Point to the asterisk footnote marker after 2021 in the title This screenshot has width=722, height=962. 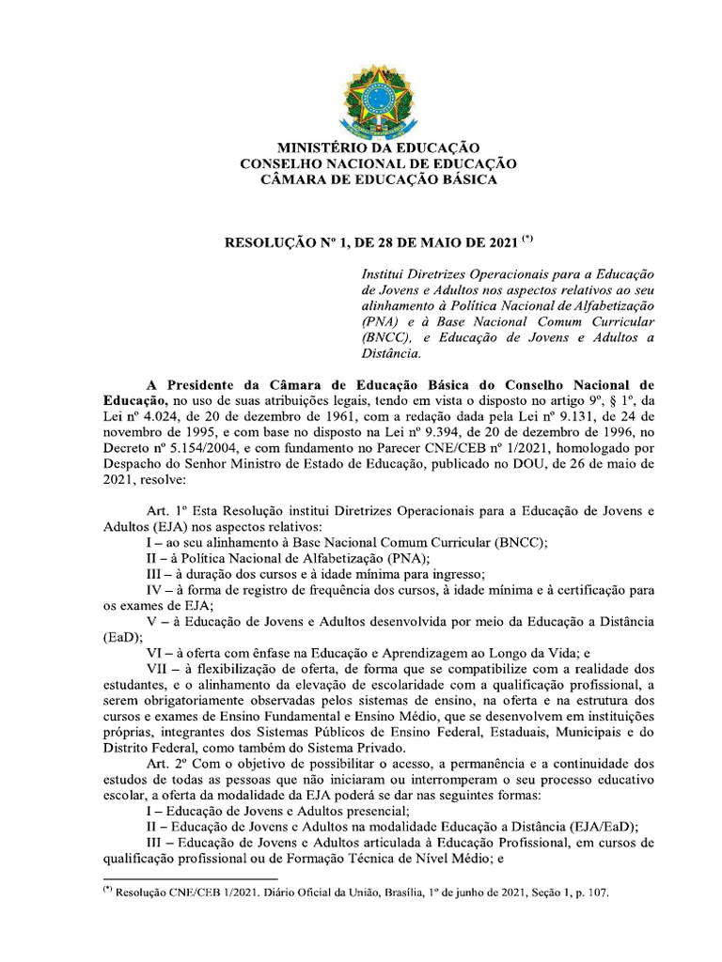527,239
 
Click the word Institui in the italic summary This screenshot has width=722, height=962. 383,273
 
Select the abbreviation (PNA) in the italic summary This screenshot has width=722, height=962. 380,321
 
